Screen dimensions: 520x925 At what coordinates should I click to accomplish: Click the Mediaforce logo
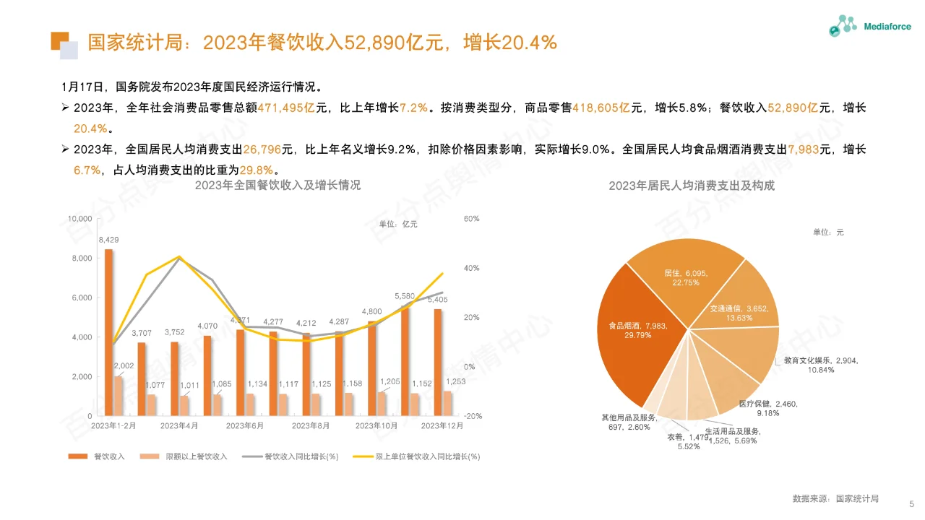point(869,27)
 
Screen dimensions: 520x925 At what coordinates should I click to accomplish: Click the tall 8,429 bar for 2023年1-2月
point(109,332)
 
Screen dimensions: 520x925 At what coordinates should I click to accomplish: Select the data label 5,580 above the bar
point(405,296)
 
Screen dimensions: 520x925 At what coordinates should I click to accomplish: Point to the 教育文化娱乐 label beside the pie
point(821,365)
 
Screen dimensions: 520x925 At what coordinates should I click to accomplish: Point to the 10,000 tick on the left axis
point(79,219)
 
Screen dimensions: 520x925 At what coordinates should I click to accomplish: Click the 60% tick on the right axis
point(471,219)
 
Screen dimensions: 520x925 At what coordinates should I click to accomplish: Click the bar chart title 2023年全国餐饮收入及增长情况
point(277,185)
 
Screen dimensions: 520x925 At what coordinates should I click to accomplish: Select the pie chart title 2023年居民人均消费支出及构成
point(691,186)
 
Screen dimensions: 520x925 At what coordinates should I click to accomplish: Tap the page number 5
point(911,503)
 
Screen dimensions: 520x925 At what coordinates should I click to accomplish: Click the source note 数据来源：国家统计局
point(835,498)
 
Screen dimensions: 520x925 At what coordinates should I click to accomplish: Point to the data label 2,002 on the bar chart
point(124,366)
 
